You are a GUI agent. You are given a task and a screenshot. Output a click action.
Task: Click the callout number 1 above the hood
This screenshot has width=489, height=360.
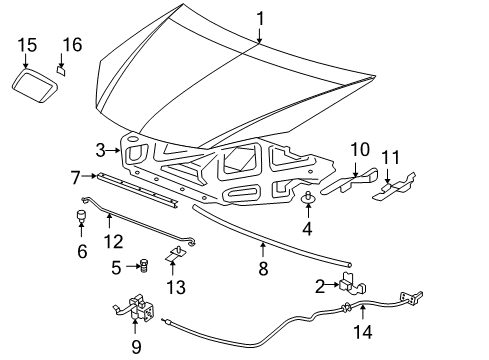(260, 18)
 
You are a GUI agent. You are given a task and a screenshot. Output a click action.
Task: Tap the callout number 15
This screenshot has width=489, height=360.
(27, 44)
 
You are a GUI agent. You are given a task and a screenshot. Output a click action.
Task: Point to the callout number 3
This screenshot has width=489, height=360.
(100, 151)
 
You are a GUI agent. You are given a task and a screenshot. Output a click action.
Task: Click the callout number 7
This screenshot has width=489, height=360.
(75, 176)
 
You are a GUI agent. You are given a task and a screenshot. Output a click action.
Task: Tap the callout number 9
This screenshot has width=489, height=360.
(137, 347)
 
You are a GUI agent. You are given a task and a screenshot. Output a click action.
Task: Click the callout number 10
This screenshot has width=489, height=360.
(359, 149)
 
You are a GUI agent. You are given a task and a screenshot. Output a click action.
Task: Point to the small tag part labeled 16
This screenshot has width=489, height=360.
(61, 70)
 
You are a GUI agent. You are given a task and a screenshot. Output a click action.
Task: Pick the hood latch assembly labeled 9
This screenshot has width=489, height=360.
(137, 312)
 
